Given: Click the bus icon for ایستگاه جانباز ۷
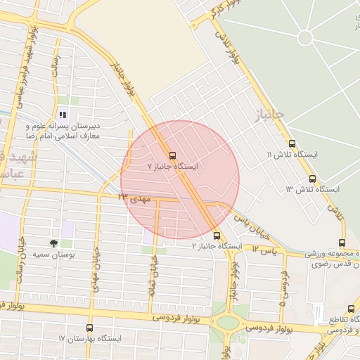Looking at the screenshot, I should pyautogui.click(x=172, y=155).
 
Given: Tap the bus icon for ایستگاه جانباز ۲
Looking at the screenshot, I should pyautogui.click(x=216, y=236).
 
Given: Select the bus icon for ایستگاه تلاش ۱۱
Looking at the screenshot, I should pyautogui.click(x=292, y=143).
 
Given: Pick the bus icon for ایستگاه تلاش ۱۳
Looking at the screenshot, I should pyautogui.click(x=312, y=179).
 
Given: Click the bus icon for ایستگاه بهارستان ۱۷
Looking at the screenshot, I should pyautogui.click(x=89, y=328).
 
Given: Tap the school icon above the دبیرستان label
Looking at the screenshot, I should pyautogui.click(x=63, y=115).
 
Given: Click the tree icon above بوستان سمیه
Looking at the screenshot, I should pyautogui.click(x=55, y=243).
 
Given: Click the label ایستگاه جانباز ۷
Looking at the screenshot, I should pyautogui.click(x=173, y=167).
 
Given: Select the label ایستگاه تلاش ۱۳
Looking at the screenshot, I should pyautogui.click(x=312, y=190).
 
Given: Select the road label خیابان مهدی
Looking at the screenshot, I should pyautogui.click(x=96, y=268).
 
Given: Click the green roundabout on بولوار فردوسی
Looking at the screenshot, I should pyautogui.click(x=228, y=323).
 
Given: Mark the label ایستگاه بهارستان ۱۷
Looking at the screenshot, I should pyautogui.click(x=90, y=339).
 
